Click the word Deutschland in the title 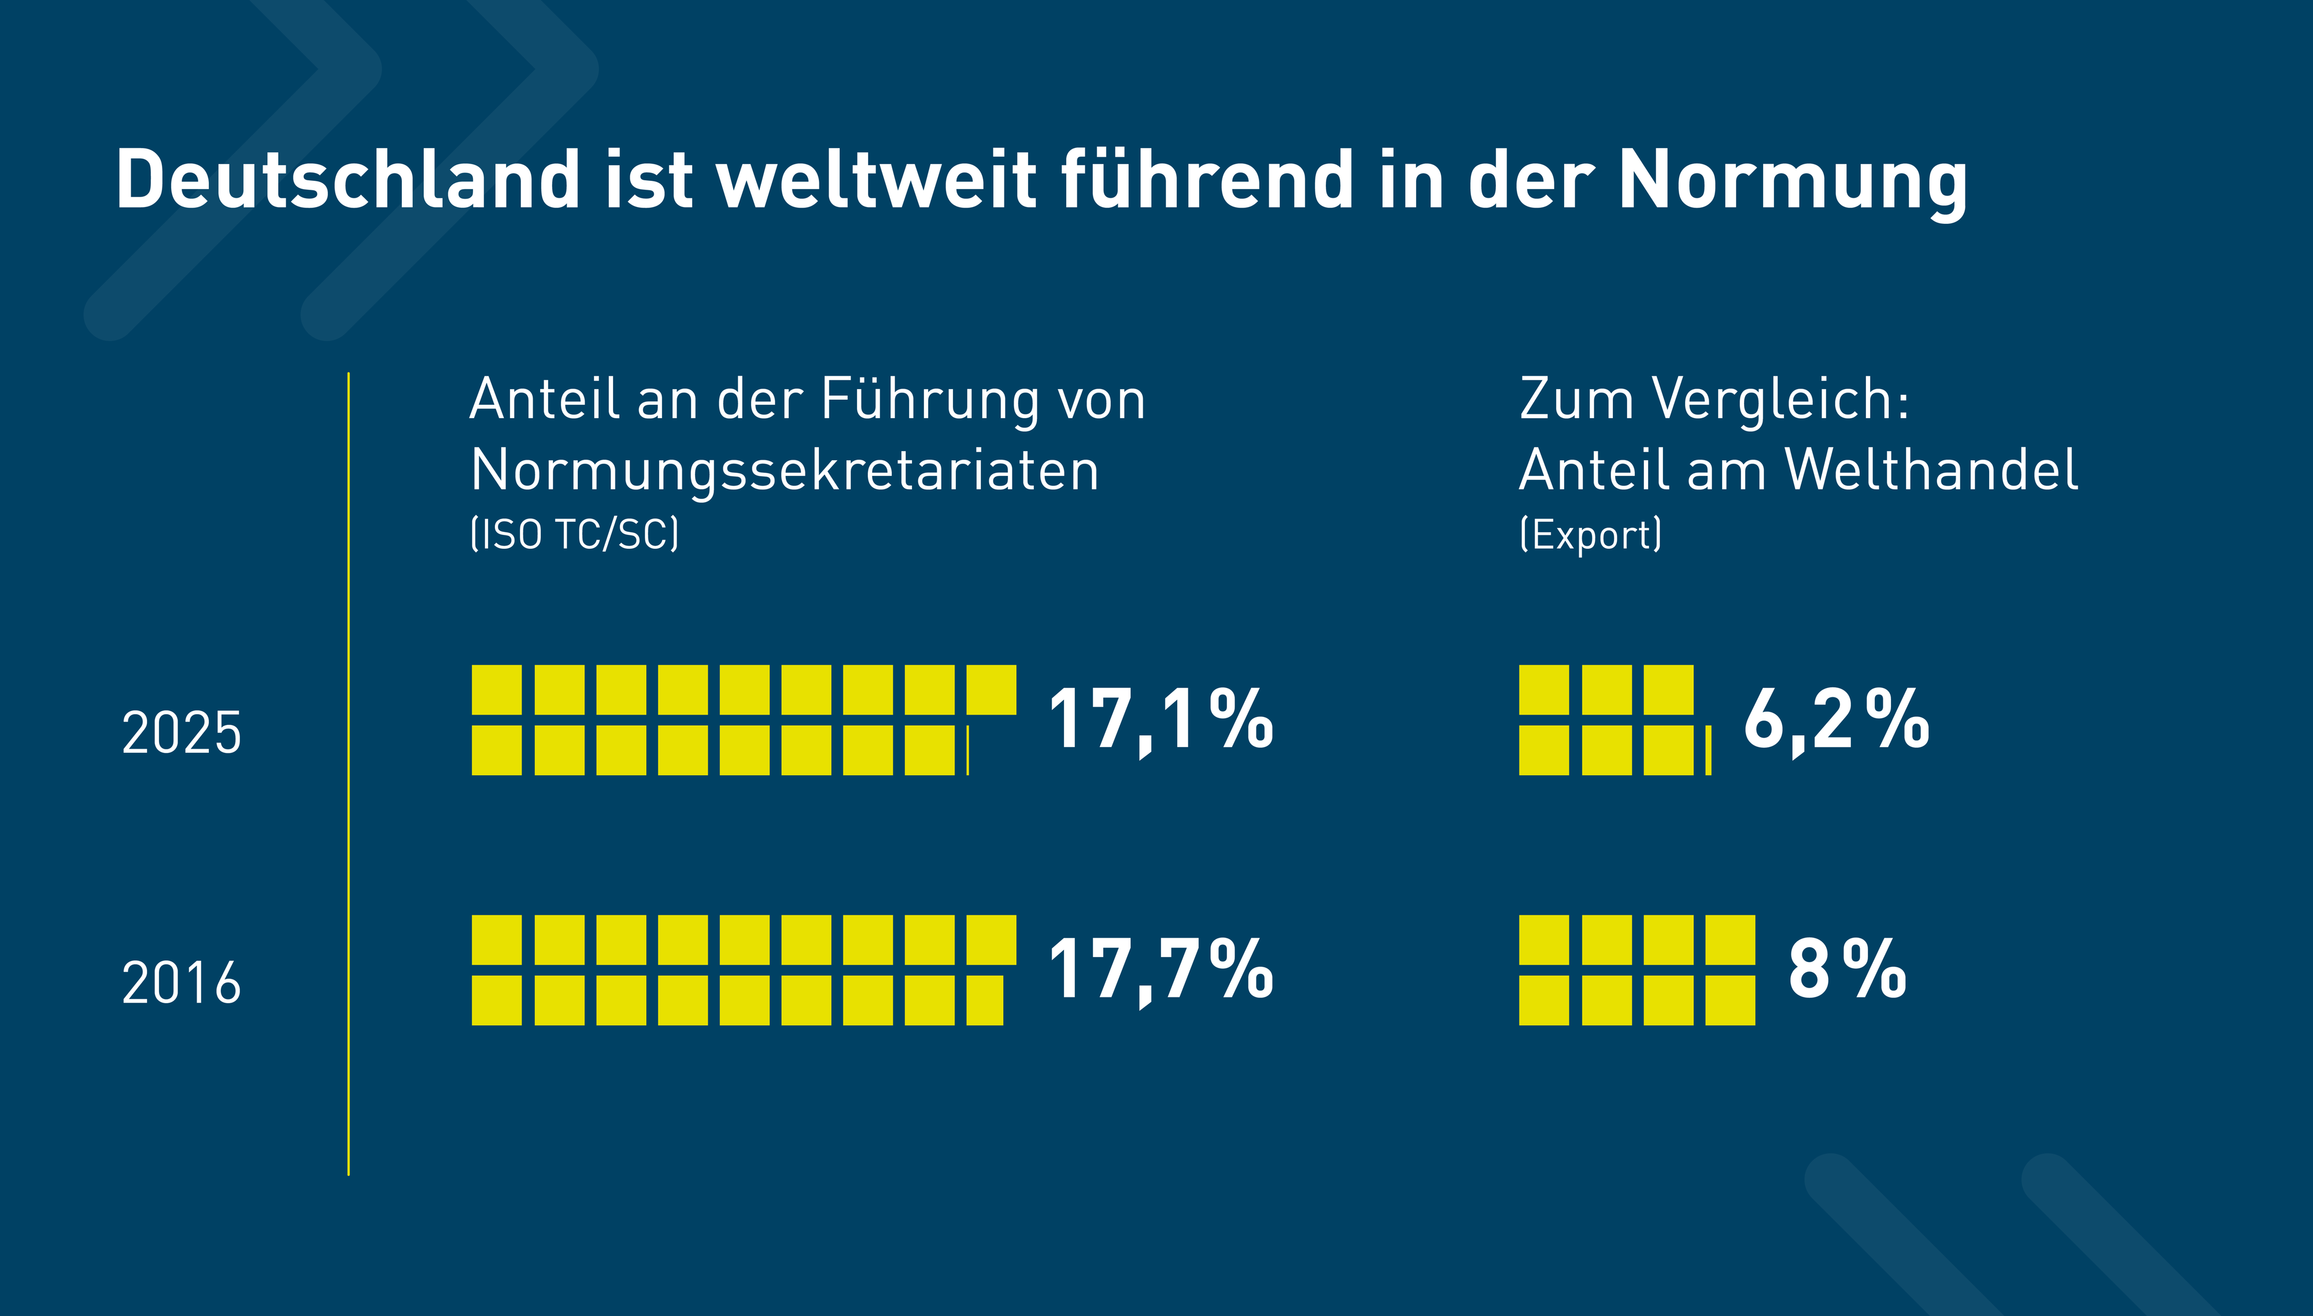(348, 179)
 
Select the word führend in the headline (1207, 179)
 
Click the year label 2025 (182, 732)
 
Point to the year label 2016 (182, 982)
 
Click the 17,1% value (1161, 720)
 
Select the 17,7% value (1161, 970)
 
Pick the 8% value (1846, 970)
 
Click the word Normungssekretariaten (785, 471)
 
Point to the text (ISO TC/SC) (574, 534)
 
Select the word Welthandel (1931, 471)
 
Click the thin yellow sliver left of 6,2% (1708, 750)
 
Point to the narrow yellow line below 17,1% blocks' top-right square (968, 750)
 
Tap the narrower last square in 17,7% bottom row (984, 1000)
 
